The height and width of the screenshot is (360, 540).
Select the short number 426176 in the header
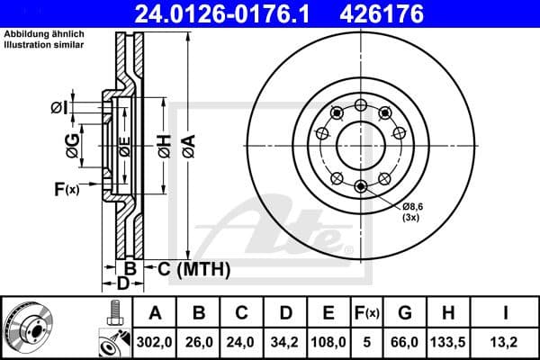click(403, 13)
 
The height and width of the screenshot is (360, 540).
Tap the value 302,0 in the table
click(155, 342)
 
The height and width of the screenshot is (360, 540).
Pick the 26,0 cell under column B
click(199, 342)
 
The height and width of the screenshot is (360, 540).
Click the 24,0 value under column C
click(241, 342)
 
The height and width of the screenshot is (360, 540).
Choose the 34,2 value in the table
click(284, 342)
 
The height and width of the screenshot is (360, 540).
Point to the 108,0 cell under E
click(328, 342)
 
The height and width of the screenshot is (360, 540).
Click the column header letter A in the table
click(155, 313)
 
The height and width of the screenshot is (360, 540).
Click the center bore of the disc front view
click(360, 143)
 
